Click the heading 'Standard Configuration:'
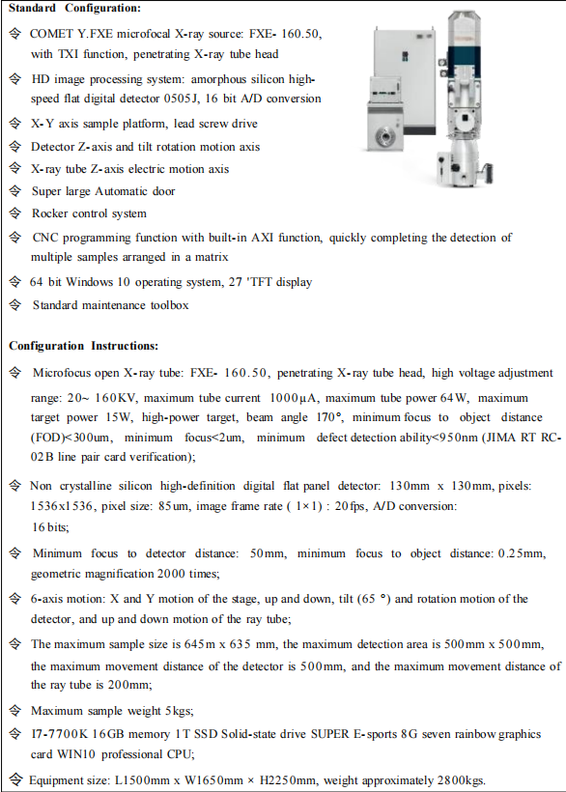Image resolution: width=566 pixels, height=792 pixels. pyautogui.click(x=74, y=9)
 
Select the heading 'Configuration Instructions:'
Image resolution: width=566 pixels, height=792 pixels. pyautogui.click(x=84, y=345)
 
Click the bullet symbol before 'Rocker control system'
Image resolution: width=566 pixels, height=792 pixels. pyautogui.click(x=14, y=213)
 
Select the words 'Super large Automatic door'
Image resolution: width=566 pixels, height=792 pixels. pyautogui.click(x=103, y=191)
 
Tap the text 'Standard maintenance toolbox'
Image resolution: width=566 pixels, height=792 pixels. pyautogui.click(x=110, y=305)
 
